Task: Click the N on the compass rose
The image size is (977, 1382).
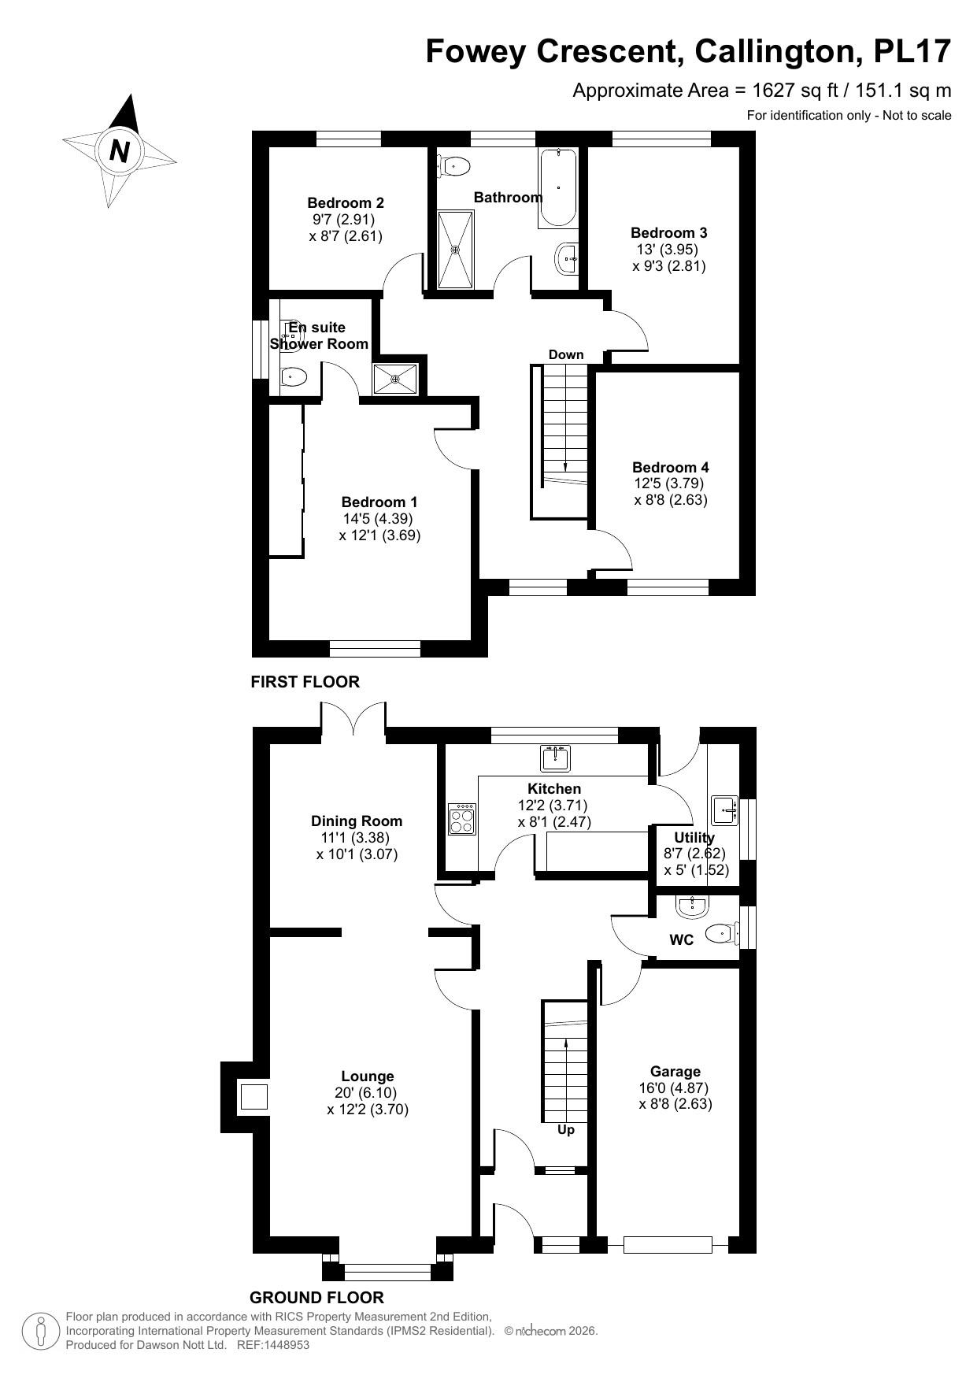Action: [120, 150]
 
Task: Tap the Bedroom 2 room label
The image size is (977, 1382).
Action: [346, 202]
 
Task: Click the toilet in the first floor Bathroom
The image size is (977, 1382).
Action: [454, 166]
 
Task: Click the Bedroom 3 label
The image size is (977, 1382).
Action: [668, 232]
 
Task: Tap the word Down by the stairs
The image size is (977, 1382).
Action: [566, 354]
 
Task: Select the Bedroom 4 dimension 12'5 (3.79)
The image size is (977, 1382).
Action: [668, 483]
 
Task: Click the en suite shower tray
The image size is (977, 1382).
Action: [396, 378]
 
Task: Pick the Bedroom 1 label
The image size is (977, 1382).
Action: [379, 502]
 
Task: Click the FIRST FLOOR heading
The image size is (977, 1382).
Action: [305, 682]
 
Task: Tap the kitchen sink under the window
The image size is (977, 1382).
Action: [556, 758]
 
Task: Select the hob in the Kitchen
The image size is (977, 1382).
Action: [461, 818]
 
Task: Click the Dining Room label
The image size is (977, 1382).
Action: [357, 821]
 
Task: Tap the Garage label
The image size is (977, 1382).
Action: [675, 1071]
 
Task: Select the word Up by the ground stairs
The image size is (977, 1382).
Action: [565, 1129]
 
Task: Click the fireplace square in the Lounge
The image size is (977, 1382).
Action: [254, 1096]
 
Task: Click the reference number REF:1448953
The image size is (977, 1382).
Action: [273, 1345]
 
